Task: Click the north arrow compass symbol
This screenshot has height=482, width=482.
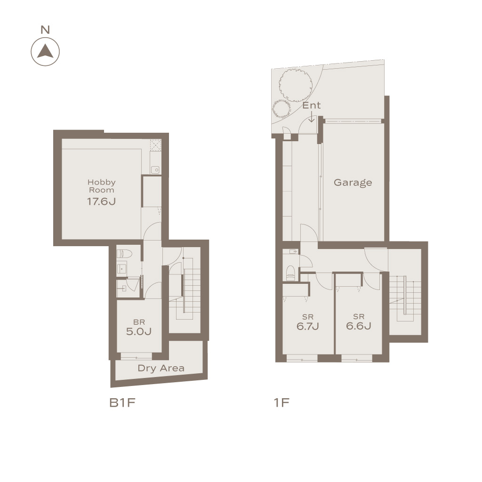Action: (45, 52)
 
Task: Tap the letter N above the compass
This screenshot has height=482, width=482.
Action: (45, 30)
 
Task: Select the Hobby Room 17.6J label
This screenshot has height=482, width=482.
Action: (102, 192)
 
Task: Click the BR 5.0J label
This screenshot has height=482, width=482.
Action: (139, 328)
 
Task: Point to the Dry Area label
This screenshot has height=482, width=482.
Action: (161, 368)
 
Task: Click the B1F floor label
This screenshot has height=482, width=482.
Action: (122, 403)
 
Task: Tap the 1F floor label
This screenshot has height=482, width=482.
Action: (281, 403)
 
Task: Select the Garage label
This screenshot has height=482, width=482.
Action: (353, 183)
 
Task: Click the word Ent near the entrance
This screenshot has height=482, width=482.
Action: (312, 105)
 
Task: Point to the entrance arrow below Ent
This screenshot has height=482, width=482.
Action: (312, 117)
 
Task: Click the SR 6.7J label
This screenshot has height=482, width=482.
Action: (308, 322)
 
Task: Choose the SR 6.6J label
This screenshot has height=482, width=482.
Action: (359, 322)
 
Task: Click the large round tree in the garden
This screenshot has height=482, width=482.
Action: (296, 85)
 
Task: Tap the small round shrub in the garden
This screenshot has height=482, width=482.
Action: (281, 109)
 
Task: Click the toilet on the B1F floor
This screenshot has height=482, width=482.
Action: (124, 254)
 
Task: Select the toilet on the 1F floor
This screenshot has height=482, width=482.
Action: (290, 273)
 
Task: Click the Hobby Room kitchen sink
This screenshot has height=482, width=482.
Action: (155, 169)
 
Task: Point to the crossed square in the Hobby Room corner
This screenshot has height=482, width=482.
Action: (155, 145)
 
